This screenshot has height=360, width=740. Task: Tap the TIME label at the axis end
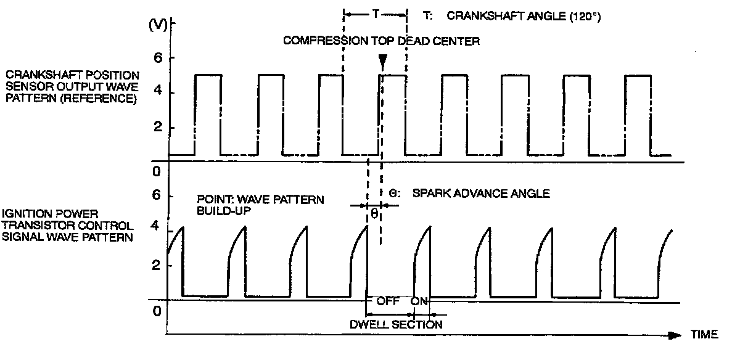coord(704,335)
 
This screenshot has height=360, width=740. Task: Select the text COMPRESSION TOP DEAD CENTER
coord(381,41)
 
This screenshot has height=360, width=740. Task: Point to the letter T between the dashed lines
coord(375,13)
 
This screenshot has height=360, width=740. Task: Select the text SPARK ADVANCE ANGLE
coord(480,194)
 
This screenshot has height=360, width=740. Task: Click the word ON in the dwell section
coord(419,302)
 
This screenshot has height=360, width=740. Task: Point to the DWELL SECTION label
coord(404,324)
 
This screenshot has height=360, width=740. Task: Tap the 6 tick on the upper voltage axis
coord(157,57)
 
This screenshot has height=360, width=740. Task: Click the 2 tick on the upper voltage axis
coord(157,128)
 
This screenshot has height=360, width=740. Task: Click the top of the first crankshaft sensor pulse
coord(207,75)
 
